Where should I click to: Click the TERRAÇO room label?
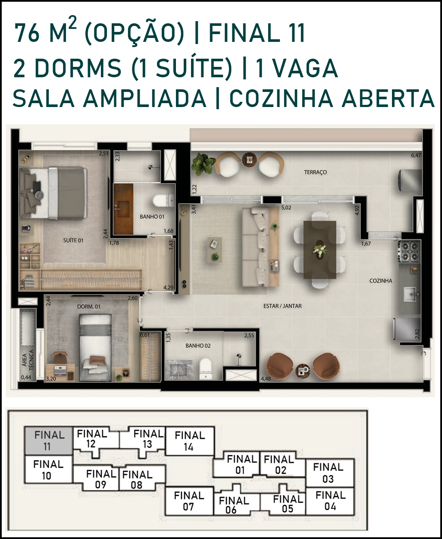click(x=315, y=172)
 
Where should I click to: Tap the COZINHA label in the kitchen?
click(x=381, y=281)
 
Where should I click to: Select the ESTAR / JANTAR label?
click(x=283, y=306)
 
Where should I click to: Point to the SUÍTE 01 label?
click(x=73, y=240)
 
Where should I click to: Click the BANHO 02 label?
click(x=198, y=346)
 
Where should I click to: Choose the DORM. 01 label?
click(x=89, y=306)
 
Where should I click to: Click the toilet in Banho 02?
click(x=206, y=369)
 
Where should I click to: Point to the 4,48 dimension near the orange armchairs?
click(x=266, y=379)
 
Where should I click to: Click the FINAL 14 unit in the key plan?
click(x=190, y=441)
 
